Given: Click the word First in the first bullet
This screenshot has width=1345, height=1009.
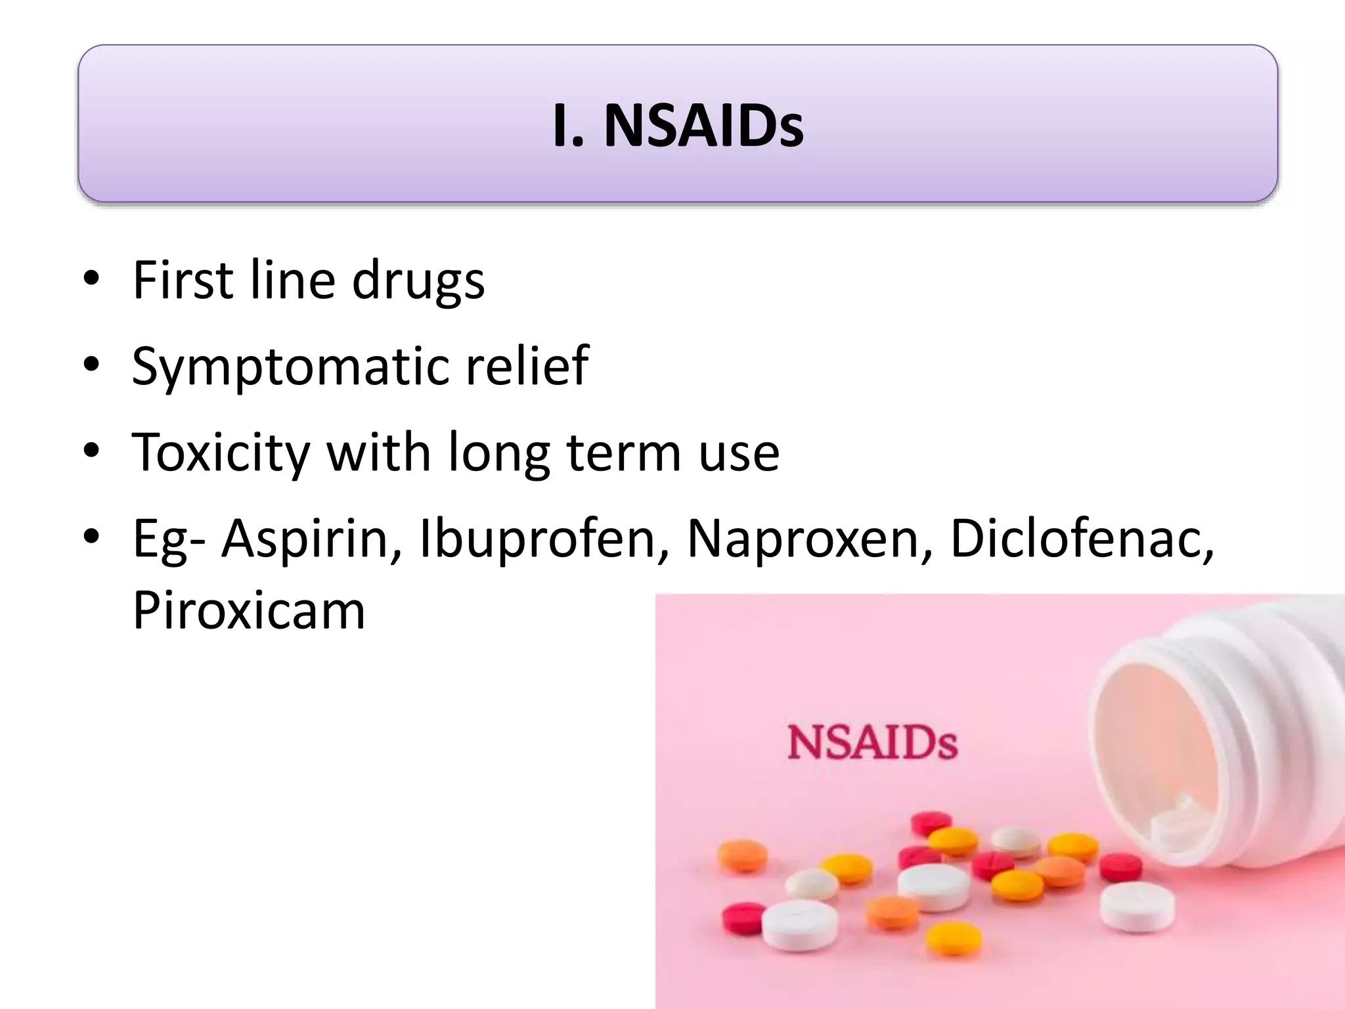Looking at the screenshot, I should tap(183, 280).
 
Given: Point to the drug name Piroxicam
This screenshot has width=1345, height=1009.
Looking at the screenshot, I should tap(248, 611).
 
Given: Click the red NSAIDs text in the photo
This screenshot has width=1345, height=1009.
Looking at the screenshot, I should tap(872, 744).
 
